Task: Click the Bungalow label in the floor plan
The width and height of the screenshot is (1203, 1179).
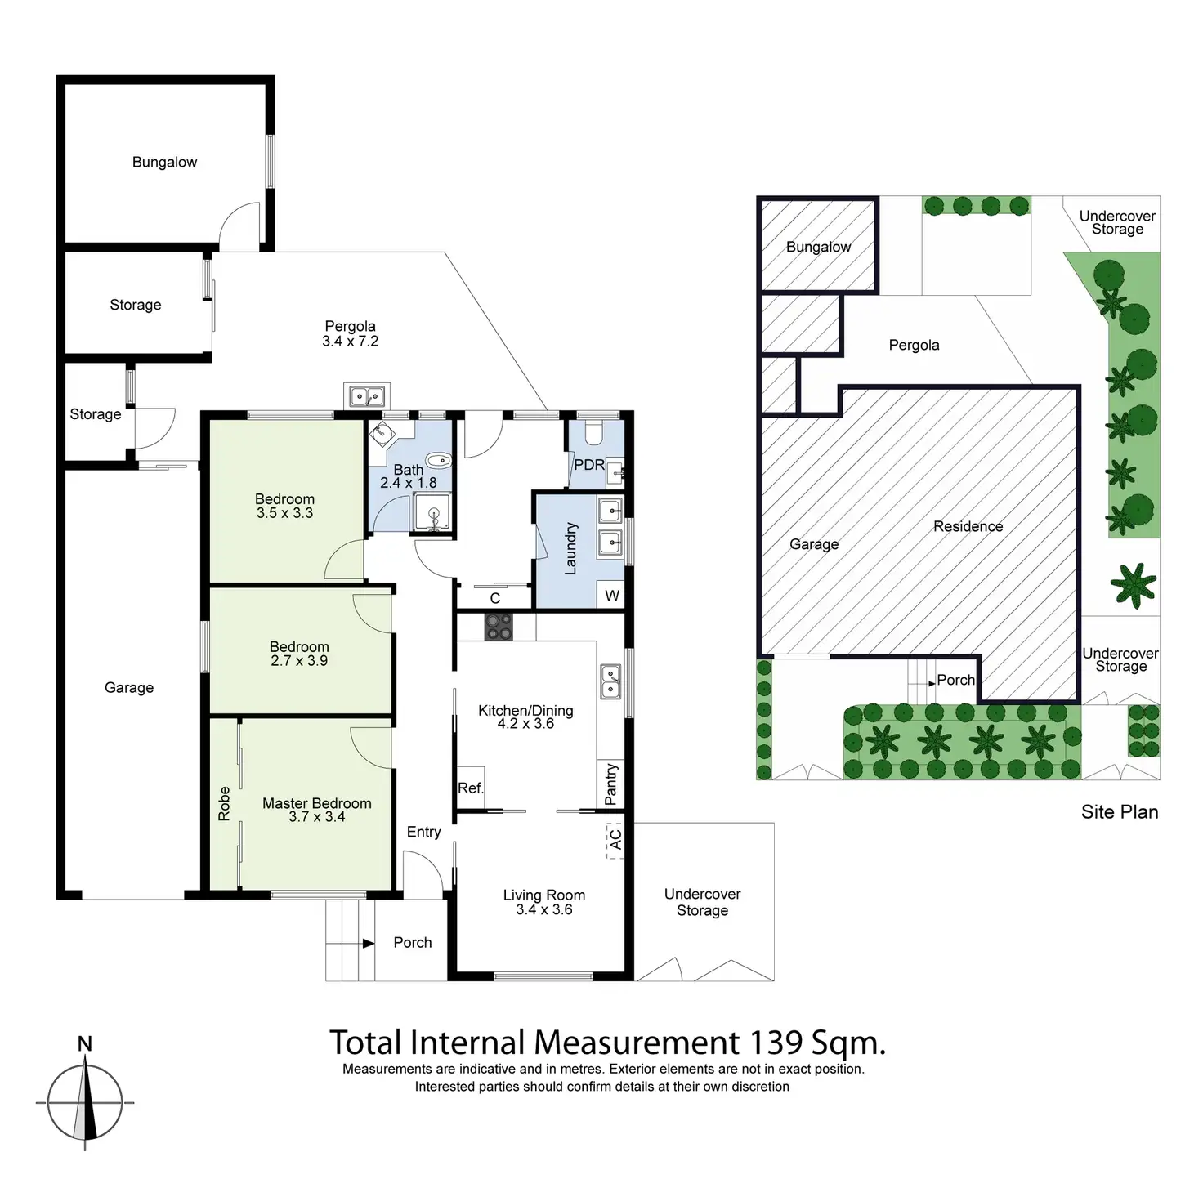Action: point(164,162)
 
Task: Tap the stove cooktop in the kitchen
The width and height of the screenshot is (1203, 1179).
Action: point(498,627)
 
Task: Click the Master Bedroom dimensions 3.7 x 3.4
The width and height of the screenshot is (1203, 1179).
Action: point(316,817)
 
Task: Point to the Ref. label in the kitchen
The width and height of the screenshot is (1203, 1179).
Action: point(470,788)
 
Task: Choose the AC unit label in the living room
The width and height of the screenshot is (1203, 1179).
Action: point(615,838)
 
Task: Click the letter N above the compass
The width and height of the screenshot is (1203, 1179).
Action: point(84,1043)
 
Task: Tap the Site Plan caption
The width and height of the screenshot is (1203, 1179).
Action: point(1119,811)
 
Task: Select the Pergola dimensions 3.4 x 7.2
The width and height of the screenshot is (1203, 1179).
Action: point(350,342)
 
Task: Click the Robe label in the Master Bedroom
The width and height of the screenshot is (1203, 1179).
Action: point(224,804)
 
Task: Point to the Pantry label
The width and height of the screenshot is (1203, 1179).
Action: point(610,784)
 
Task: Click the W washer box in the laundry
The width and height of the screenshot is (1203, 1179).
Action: point(612,596)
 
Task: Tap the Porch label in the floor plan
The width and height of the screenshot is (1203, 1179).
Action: point(412,942)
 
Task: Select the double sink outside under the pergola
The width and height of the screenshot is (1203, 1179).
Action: point(366,395)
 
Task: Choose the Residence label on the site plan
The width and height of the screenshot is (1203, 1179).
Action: point(968,526)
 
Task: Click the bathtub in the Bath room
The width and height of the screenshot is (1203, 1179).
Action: point(439,460)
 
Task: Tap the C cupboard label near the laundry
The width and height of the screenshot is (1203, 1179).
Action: point(494,599)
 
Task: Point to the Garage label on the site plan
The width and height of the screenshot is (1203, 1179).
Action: point(813,544)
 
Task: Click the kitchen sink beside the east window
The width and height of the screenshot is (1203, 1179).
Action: point(610,681)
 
